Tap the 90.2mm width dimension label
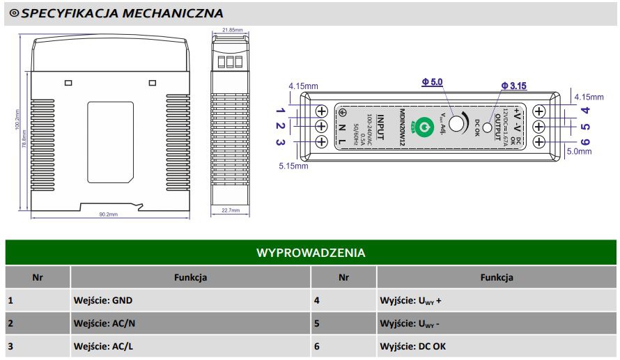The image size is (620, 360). (109, 214)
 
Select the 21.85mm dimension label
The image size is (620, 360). (232, 30)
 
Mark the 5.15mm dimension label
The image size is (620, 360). (293, 166)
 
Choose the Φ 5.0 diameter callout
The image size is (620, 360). (432, 82)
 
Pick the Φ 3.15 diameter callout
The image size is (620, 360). (513, 86)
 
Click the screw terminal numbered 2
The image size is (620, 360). (322, 126)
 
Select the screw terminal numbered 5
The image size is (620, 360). (539, 126)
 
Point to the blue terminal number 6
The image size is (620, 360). (585, 143)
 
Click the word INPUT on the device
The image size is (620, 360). (380, 126)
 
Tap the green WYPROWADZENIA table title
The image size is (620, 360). (311, 252)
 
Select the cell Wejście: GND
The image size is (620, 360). (102, 301)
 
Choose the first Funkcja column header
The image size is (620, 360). (190, 277)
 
